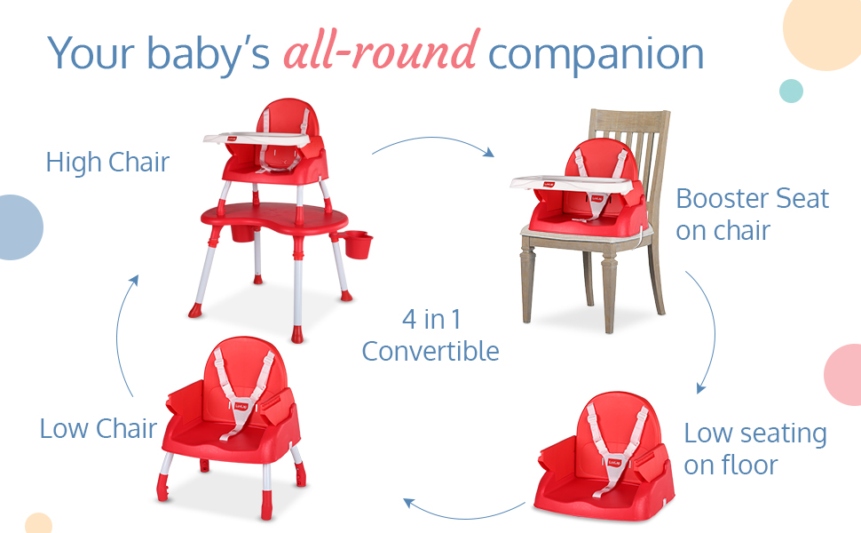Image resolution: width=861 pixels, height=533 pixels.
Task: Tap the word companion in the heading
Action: click(x=596, y=55)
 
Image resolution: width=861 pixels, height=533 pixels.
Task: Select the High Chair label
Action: click(x=107, y=162)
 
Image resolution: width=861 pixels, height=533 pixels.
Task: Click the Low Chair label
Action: click(x=99, y=428)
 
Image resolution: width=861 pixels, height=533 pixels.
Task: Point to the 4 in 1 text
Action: click(x=431, y=319)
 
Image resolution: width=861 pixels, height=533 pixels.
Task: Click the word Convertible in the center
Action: click(x=430, y=351)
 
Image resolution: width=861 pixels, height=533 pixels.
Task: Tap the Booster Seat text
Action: click(x=753, y=198)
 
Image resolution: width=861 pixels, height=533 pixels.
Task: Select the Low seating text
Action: click(x=755, y=433)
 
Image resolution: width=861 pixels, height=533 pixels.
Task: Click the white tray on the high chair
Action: click(x=258, y=139)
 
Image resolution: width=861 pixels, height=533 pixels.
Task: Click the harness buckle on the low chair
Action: click(x=241, y=407)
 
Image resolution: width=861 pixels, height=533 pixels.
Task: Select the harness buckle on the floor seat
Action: click(x=614, y=463)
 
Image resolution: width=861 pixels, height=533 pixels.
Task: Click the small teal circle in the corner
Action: click(x=791, y=91)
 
